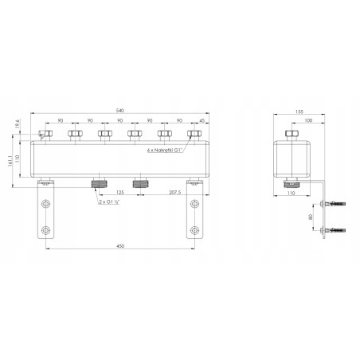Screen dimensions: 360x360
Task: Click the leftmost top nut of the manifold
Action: point(44,133)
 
